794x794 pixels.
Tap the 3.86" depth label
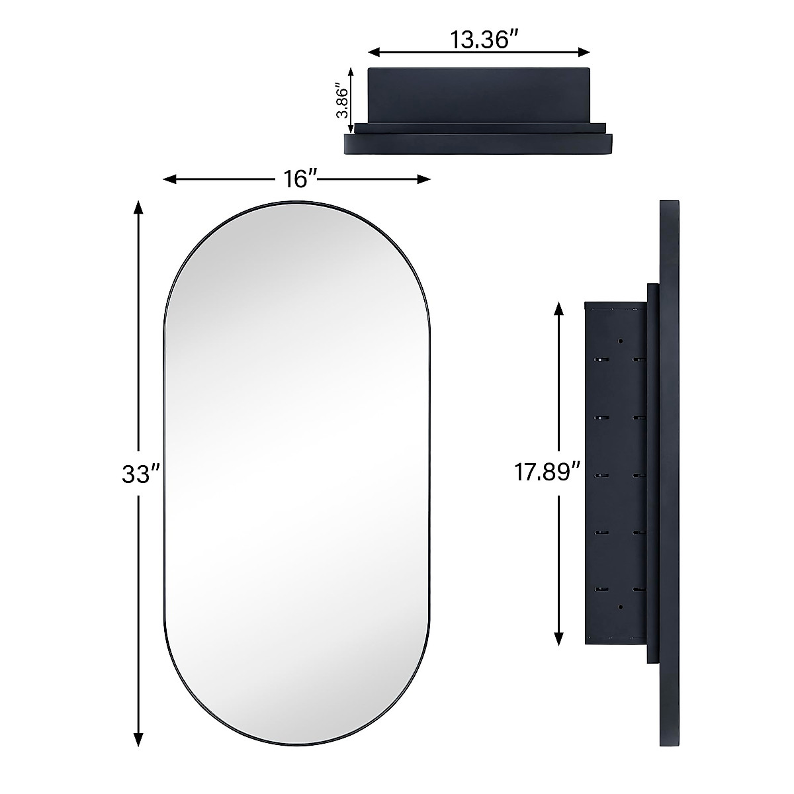(341, 100)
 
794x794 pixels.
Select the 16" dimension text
(298, 179)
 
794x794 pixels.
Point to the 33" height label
(140, 474)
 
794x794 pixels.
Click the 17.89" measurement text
(548, 472)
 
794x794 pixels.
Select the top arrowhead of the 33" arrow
(138, 206)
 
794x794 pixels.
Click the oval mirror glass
(296, 463)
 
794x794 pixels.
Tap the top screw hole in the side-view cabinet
(621, 341)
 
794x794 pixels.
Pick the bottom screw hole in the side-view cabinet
(621, 606)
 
